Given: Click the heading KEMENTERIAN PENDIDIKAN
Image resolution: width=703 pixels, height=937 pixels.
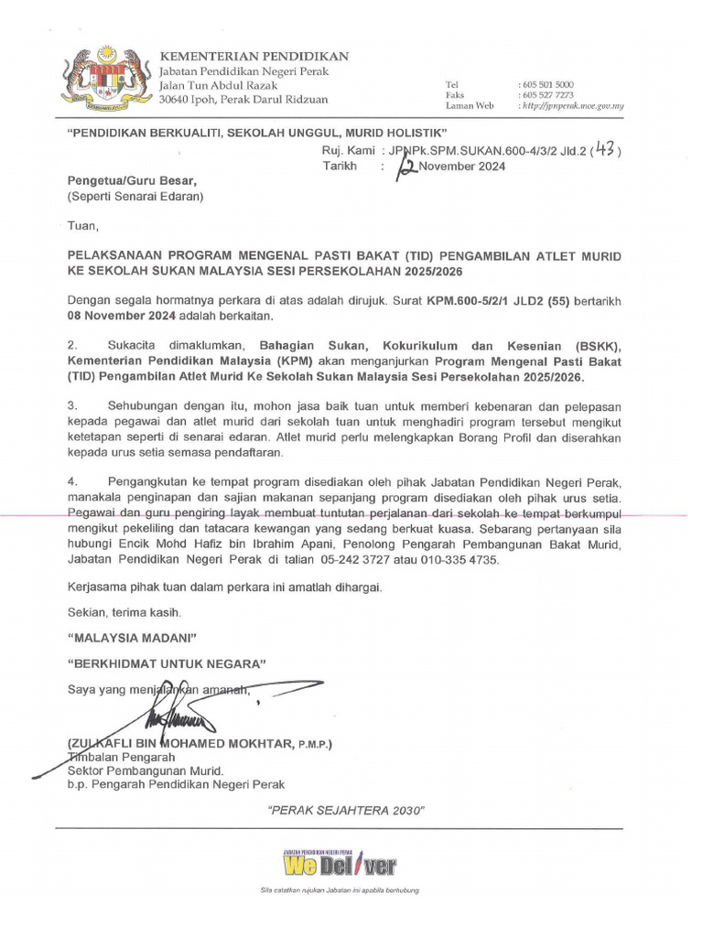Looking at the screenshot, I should [x=254, y=57].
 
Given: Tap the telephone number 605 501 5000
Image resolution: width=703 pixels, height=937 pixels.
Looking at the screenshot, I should [x=547, y=84].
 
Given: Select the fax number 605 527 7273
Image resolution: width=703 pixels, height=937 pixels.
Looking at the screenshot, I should [x=547, y=95].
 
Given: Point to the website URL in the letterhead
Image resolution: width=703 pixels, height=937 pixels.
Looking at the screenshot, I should [x=571, y=106].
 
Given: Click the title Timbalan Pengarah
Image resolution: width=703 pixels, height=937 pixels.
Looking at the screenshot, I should [x=121, y=758].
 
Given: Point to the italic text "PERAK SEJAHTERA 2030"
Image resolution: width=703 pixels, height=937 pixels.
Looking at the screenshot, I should [x=345, y=811].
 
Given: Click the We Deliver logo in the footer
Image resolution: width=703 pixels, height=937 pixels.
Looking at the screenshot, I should [x=340, y=864].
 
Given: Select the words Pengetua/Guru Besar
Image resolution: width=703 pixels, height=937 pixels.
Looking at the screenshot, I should [x=132, y=181].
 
